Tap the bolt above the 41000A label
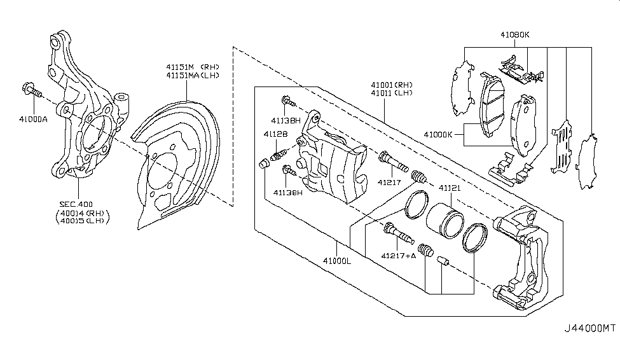point(32,90)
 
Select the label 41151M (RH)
point(184,66)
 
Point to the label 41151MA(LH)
point(184,75)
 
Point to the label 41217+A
point(399,256)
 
